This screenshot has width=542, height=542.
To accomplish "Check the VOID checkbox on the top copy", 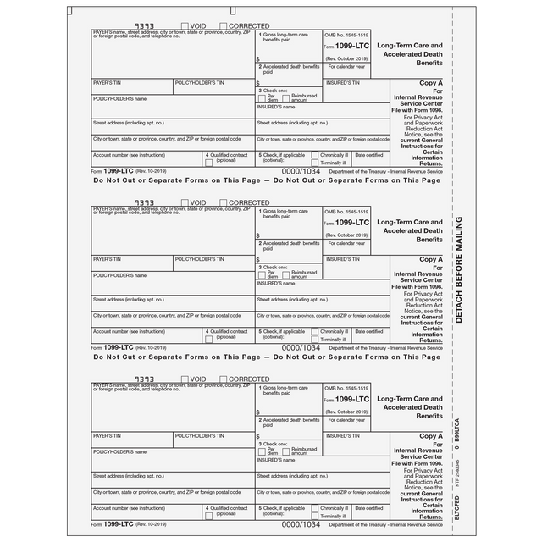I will [x=185, y=26].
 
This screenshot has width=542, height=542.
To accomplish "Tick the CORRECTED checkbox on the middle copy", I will [x=224, y=203].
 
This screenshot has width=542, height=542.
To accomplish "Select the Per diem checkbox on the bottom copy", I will [x=261, y=451].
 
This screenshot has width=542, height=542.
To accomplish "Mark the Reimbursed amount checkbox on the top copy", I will [x=285, y=98].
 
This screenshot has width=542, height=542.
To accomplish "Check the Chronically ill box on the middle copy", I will [x=315, y=331].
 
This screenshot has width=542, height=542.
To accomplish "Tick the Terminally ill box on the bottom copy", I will [x=315, y=516].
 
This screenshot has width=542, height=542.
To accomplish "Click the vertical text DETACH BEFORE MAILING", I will [x=458, y=269].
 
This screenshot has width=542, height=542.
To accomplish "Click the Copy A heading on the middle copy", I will [x=430, y=260].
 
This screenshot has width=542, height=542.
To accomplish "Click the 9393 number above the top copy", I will [x=146, y=26].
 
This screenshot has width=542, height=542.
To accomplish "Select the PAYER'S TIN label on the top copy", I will [x=108, y=83].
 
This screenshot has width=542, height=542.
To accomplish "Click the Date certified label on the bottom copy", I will [x=368, y=508].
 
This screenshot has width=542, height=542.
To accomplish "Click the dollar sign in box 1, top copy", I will [x=257, y=60].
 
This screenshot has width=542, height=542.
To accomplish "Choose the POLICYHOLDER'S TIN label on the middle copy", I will [x=200, y=259].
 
